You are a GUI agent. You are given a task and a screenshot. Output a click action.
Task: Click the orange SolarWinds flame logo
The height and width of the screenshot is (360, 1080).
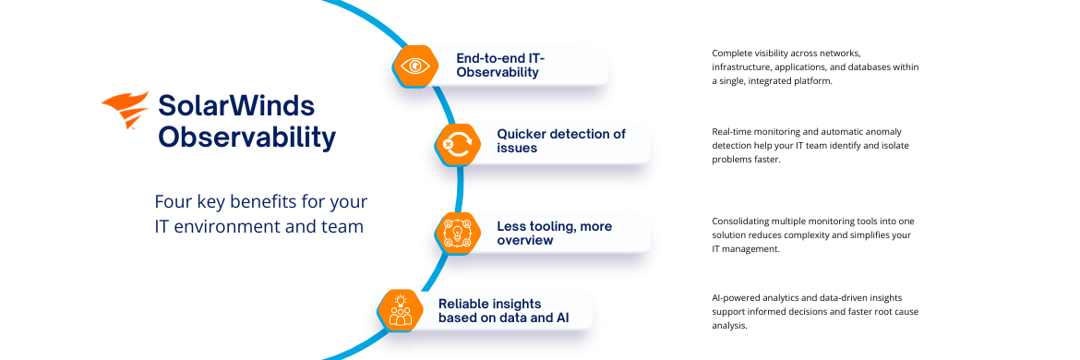click(x=126, y=110)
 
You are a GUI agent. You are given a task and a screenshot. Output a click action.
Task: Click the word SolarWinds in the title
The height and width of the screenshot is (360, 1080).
click(x=236, y=106)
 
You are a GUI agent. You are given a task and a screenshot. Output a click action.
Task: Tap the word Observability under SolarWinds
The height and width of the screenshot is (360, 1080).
click(x=247, y=138)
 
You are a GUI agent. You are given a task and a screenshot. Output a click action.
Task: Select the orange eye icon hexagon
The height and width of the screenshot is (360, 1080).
click(x=415, y=66)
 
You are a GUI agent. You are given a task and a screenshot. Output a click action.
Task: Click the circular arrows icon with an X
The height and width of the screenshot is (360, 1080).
click(x=457, y=145)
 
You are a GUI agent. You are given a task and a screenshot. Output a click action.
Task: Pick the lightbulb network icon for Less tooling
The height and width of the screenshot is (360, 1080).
click(x=457, y=234)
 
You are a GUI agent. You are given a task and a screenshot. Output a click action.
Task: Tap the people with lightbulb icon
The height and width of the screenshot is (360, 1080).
click(x=401, y=310)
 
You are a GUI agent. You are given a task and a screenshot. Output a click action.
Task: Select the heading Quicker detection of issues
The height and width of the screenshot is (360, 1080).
click(x=561, y=140)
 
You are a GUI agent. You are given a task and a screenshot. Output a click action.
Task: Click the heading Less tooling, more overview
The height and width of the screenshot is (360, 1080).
click(x=555, y=234)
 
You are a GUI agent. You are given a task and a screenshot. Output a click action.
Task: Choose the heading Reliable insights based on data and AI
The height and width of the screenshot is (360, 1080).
click(x=504, y=310)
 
